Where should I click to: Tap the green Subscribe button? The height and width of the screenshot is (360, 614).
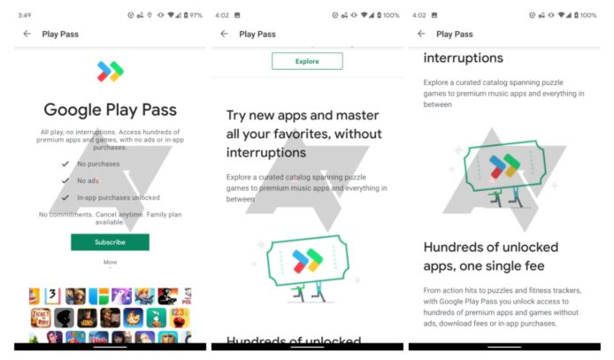(x=110, y=241)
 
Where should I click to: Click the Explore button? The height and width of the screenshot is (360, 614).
(x=307, y=61)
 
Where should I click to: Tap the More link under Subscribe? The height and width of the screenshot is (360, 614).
(x=110, y=262)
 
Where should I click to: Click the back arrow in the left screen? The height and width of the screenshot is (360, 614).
(x=27, y=34)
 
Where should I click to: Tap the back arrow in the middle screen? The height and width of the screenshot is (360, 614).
(x=224, y=34)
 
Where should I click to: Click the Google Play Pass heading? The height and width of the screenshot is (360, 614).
(x=110, y=111)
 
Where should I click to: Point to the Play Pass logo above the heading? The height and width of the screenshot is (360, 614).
(x=110, y=72)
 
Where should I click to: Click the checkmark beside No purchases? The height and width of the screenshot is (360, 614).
(x=64, y=165)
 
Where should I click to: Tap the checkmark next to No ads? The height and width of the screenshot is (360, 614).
(x=64, y=180)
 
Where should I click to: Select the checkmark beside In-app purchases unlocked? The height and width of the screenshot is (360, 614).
(x=64, y=197)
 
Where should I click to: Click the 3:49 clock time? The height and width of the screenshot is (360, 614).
(x=25, y=15)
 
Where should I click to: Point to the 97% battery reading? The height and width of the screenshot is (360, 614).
(x=195, y=15)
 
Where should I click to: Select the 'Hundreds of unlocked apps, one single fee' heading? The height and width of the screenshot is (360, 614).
(x=495, y=256)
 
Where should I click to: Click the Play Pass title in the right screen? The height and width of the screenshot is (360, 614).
(x=454, y=34)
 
